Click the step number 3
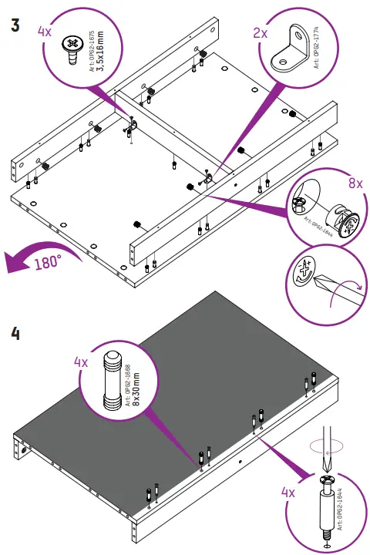[15, 25]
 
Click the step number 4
[15, 334]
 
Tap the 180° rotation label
[48, 262]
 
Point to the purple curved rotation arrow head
[14, 263]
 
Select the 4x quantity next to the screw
[45, 32]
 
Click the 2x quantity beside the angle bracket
[261, 33]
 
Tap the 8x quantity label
[355, 183]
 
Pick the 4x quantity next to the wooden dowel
[81, 362]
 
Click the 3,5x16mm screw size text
[100, 51]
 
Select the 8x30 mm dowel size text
[136, 388]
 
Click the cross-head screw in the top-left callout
[73, 50]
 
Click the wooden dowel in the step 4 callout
[113, 380]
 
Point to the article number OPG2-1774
[316, 48]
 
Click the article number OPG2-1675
[92, 52]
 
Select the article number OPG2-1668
[128, 385]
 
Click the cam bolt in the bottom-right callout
[327, 506]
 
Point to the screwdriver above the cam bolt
[327, 449]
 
